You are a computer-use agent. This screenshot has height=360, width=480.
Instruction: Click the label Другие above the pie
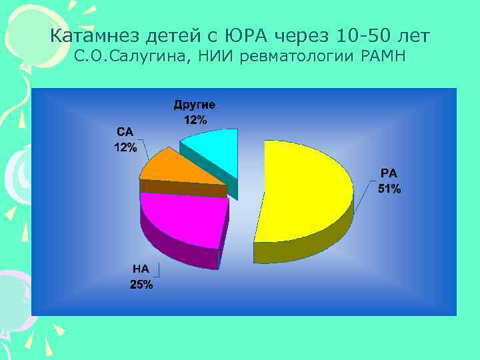tap(195, 105)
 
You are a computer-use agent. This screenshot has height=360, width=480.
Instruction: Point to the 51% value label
tap(389, 189)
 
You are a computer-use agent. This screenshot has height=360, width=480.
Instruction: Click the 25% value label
tap(141, 285)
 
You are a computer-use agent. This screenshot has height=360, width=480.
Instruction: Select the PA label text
tap(389, 173)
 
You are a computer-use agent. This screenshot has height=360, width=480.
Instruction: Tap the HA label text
tap(141, 270)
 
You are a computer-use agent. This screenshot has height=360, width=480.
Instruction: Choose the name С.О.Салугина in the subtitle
tap(132, 58)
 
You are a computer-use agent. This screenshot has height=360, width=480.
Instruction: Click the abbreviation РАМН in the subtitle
tap(382, 57)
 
